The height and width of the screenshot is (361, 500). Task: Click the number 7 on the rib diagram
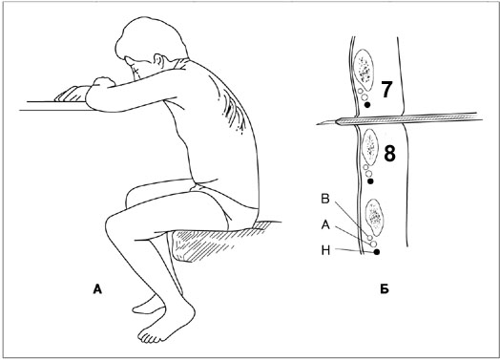point(386,90)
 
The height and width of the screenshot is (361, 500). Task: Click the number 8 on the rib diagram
point(389,153)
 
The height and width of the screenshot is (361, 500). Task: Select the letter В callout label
point(325,199)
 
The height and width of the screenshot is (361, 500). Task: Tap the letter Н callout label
point(325,251)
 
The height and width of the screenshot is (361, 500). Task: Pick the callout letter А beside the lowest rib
point(325,225)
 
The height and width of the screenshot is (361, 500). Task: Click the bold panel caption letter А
point(97,289)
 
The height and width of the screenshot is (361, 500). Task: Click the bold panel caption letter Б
point(385,289)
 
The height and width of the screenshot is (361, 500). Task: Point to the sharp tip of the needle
point(317,124)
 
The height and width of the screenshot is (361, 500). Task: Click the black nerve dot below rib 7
point(367,104)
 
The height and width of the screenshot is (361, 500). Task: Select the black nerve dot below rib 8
point(370,181)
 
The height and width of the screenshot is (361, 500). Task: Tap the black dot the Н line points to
point(377,252)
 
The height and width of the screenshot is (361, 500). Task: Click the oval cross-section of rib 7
point(364,70)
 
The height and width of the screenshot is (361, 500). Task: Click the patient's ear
point(158,61)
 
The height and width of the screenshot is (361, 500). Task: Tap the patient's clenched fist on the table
point(103,82)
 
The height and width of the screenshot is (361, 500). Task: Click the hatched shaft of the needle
point(409,118)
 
